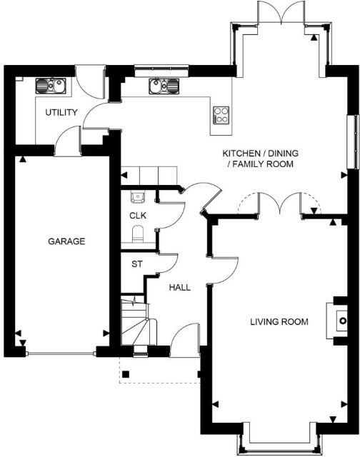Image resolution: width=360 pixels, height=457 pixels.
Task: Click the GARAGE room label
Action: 66,241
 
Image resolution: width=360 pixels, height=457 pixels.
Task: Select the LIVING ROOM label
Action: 279,322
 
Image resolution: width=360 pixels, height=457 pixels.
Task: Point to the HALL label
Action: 179,287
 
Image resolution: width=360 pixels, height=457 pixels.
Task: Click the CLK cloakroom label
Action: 137,215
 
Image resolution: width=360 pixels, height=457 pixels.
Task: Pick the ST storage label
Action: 136,263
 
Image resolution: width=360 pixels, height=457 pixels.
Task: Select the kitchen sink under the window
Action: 164,86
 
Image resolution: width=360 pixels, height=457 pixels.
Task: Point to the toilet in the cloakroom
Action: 139,233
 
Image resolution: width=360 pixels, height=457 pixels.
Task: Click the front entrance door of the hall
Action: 185,341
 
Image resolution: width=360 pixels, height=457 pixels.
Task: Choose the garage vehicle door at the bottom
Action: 59,352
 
